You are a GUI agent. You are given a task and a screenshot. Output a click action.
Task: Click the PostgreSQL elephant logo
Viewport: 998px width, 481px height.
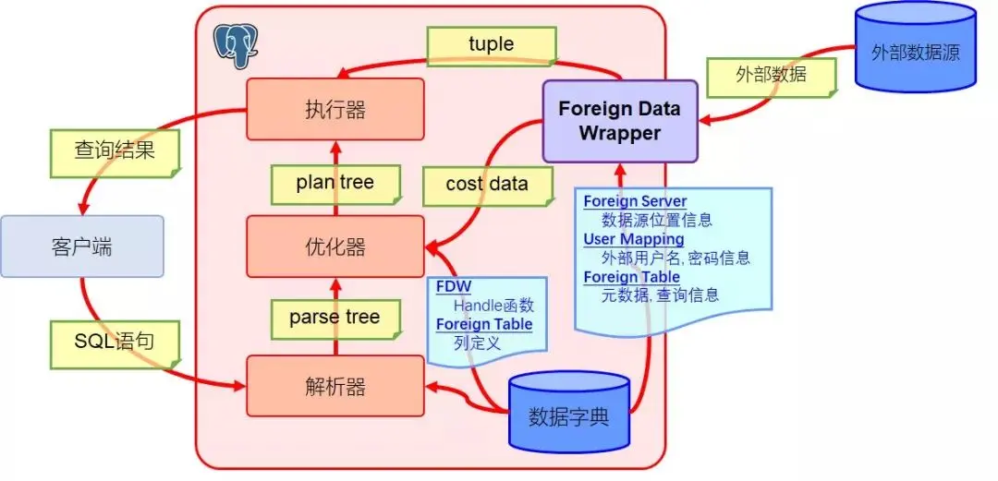pos(236,45)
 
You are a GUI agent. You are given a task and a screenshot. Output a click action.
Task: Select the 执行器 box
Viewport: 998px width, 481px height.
pos(335,109)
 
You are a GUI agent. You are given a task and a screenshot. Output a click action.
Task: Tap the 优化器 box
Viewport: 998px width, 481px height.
pos(335,247)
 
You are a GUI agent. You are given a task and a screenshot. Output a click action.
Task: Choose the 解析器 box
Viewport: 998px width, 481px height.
pos(335,385)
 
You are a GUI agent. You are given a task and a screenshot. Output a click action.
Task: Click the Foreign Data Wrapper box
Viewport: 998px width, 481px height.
pos(619,120)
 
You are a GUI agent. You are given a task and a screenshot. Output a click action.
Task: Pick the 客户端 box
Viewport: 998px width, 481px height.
pos(82,247)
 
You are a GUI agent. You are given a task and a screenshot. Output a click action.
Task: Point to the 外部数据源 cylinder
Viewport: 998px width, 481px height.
pos(915,51)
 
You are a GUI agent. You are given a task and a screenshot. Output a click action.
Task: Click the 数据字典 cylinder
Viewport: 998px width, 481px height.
pos(568,414)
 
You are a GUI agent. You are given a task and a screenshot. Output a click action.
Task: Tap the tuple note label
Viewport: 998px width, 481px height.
pos(491,44)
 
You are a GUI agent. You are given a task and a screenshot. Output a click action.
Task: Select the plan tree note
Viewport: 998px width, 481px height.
pos(335,183)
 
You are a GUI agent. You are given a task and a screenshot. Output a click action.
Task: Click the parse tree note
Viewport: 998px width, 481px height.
pos(335,319)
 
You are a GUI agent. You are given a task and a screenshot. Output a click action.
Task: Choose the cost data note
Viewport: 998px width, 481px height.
pos(487,185)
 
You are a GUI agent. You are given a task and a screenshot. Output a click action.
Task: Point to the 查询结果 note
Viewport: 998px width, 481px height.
pos(115,150)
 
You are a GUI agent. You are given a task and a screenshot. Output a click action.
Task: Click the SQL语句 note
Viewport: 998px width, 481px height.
pos(114,342)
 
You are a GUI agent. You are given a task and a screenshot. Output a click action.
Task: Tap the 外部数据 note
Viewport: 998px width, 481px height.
pos(769,75)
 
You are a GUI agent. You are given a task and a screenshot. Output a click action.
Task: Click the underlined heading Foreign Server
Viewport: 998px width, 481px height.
pos(635,202)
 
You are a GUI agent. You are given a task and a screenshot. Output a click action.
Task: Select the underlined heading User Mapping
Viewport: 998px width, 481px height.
pos(633,240)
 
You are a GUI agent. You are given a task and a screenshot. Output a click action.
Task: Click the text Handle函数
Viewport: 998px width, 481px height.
pos(493,306)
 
